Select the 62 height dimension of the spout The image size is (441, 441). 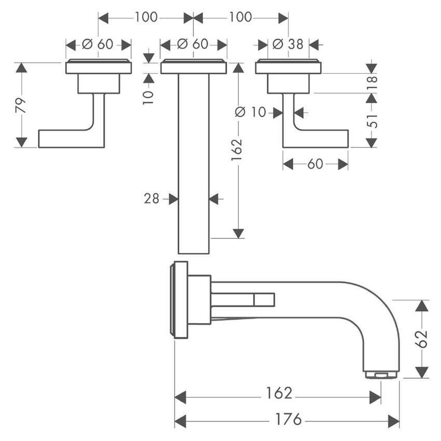pyautogui.click(x=422, y=339)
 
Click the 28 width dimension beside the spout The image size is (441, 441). pyautogui.click(x=151, y=198)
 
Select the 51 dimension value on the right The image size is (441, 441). pyautogui.click(x=372, y=120)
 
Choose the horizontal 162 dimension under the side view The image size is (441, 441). pyautogui.click(x=279, y=393)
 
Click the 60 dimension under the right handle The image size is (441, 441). pyautogui.click(x=315, y=164)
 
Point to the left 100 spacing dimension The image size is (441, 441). pyautogui.click(x=146, y=17)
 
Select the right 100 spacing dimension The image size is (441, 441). pyautogui.click(x=240, y=17)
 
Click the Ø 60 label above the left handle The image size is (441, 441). pyautogui.click(x=98, y=45)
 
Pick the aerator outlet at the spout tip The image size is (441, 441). pyautogui.click(x=381, y=374)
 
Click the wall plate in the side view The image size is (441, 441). pyautogui.click(x=181, y=300)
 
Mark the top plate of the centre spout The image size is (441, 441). pyautogui.click(x=193, y=67)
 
